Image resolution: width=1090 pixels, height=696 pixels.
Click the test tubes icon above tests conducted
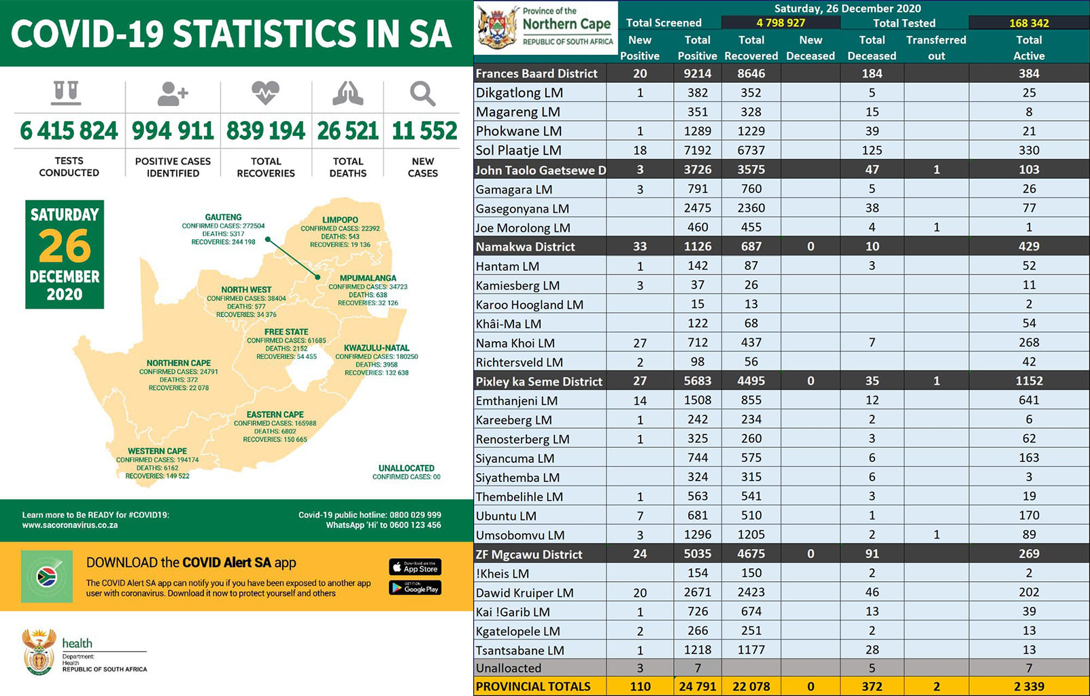click(x=66, y=93)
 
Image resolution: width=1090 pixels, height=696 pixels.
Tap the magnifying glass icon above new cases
click(x=422, y=94)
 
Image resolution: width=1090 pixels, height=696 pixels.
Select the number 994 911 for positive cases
click(x=173, y=130)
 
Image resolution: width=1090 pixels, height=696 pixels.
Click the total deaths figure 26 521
click(x=347, y=130)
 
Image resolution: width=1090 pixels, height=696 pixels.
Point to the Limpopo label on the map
click(x=340, y=220)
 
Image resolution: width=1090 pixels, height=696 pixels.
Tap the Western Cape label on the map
click(x=157, y=451)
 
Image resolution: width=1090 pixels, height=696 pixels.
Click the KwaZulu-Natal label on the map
click(x=376, y=347)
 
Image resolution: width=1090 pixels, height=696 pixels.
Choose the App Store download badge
click(x=415, y=567)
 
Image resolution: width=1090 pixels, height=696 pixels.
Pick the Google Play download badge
click(x=415, y=588)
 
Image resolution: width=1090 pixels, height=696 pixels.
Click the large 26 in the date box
click(x=65, y=246)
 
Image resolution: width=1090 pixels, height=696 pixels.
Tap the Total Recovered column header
click(x=751, y=48)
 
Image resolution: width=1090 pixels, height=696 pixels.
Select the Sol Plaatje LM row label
click(x=518, y=150)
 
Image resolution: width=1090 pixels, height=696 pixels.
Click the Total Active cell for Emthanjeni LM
click(x=1029, y=400)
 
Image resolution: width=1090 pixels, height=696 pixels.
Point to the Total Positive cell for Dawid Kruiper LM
click(x=697, y=592)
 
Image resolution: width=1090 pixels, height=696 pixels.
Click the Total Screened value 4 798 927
click(x=780, y=22)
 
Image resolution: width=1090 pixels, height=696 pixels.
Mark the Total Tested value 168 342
click(x=1029, y=22)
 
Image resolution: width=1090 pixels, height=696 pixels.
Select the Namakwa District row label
click(x=525, y=247)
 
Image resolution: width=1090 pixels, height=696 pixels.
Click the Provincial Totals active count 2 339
click(x=1029, y=686)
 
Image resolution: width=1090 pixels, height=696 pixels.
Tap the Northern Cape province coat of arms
click(x=497, y=27)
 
